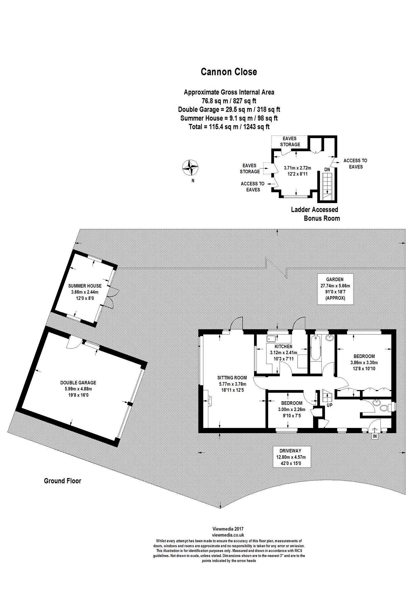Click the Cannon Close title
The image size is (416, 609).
tap(229, 72)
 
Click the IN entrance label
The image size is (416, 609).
tap(375, 436)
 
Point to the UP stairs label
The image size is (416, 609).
tap(329, 405)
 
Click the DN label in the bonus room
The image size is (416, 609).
tap(327, 169)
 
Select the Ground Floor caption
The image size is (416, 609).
tap(63, 481)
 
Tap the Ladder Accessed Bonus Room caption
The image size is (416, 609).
tap(315, 214)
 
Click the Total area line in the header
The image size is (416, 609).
tap(229, 127)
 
